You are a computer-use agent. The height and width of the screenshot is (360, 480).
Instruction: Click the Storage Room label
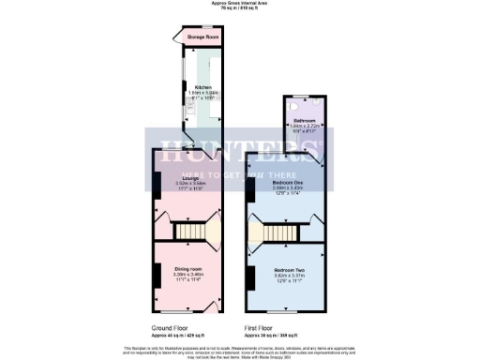[x=199, y=38]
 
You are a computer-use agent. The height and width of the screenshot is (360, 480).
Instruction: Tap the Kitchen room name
[x=191, y=85]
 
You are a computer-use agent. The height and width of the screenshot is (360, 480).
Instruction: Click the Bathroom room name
[x=305, y=121]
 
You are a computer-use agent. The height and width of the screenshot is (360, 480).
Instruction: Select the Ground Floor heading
[x=174, y=328]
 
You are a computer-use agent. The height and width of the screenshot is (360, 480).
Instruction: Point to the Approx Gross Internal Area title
[x=240, y=4]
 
